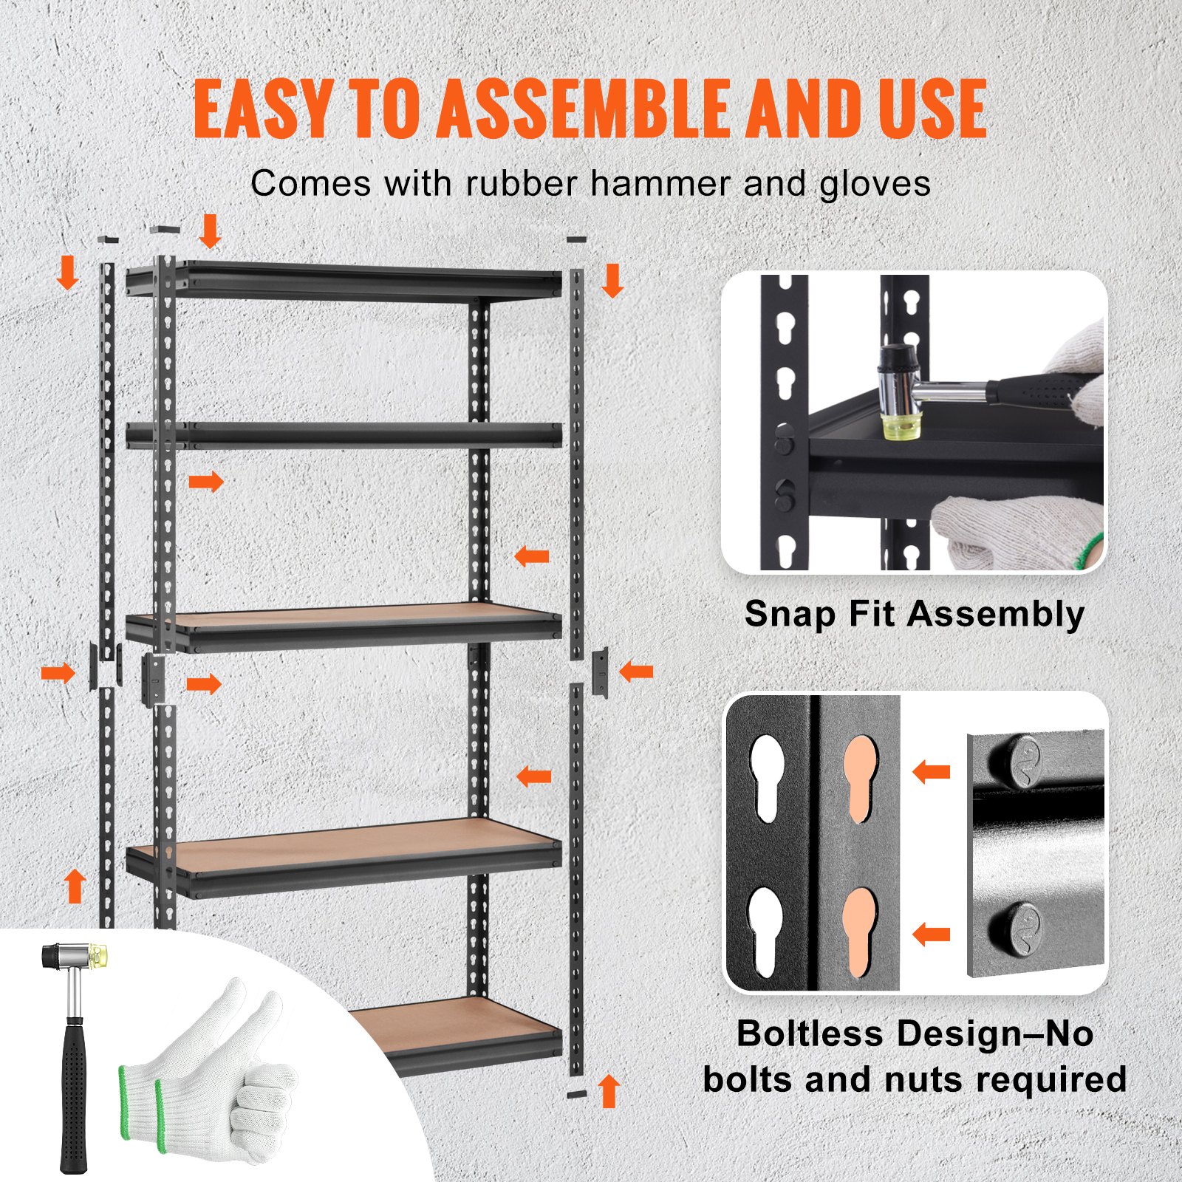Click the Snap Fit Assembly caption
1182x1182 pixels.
(914, 614)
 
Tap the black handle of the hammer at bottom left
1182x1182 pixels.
(73, 1093)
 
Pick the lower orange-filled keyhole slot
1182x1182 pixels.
(859, 931)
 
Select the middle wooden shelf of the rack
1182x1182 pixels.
(344, 624)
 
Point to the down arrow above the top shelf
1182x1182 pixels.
(211, 231)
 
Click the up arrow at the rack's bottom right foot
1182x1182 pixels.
(609, 1090)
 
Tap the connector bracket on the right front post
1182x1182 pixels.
(600, 672)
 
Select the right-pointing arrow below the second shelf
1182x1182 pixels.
(206, 482)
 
